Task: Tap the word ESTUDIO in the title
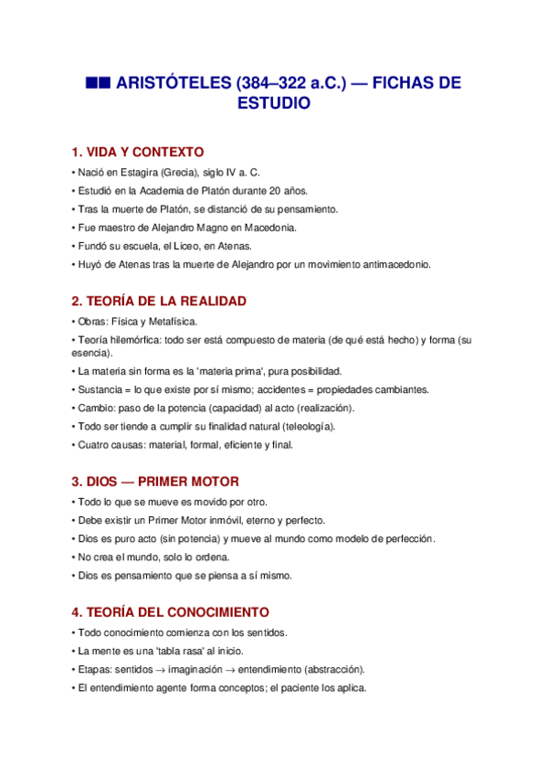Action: (274, 104)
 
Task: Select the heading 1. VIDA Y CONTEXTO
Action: (138, 152)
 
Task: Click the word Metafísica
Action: (171, 321)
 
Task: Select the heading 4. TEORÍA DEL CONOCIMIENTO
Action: (170, 611)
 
